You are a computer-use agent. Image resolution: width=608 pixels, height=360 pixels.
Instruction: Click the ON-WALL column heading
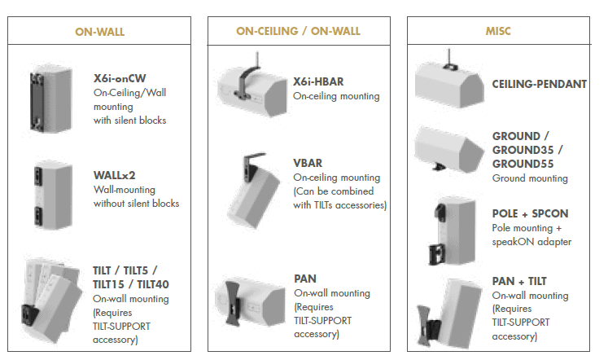[99, 32]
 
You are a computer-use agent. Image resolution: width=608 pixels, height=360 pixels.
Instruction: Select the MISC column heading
[498, 31]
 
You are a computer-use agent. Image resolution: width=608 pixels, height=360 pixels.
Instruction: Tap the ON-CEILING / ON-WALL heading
[298, 31]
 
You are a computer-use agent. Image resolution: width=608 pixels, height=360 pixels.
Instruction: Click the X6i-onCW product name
[120, 78]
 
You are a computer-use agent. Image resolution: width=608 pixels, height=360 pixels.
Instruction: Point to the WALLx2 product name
[115, 175]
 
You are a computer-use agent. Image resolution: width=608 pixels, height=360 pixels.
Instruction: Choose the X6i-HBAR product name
[318, 81]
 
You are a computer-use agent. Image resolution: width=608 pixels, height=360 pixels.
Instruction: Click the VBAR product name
[308, 164]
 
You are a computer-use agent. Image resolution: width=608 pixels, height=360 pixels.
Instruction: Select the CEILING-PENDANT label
[539, 84]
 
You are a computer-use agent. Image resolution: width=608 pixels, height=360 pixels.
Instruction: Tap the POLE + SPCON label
[530, 213]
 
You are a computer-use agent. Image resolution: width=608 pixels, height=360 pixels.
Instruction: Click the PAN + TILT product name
[519, 281]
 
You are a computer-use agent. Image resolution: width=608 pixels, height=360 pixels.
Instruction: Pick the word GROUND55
[523, 164]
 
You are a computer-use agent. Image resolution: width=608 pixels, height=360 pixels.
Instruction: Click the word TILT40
[153, 285]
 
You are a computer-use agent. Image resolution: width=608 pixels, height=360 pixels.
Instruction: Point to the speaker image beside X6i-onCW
[51, 99]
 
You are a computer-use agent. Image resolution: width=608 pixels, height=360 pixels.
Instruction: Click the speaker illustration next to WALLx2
[53, 195]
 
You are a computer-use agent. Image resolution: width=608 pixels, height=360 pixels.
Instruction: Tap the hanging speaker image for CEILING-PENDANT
[449, 81]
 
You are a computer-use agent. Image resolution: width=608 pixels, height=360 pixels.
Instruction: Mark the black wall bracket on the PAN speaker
[232, 304]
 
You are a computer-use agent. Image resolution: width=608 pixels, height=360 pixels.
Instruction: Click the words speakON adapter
[531, 242]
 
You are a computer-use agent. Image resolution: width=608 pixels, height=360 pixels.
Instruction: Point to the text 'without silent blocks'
[136, 204]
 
